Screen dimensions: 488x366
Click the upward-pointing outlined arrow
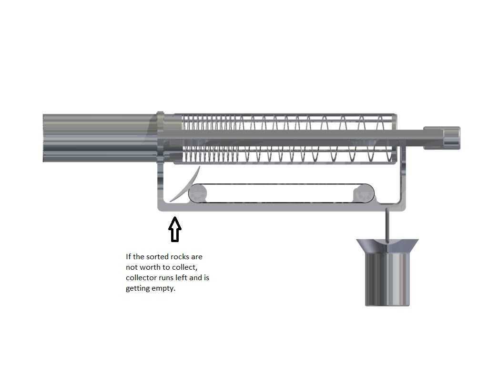tap(175, 229)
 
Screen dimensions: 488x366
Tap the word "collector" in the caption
tap(140, 278)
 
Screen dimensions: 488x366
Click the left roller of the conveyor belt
tap(197, 193)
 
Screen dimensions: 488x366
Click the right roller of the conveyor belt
tap(364, 193)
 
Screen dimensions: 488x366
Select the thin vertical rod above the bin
tap(386, 225)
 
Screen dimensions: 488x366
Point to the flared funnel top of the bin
tap(387, 246)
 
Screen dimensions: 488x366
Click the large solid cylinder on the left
tap(100, 138)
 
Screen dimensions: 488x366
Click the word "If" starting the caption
tap(128, 257)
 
